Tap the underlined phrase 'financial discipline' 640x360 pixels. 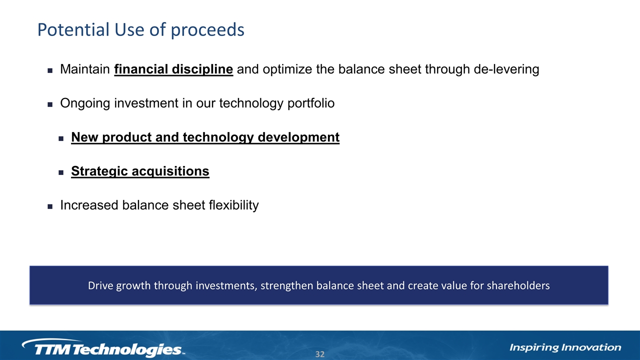tap(173, 69)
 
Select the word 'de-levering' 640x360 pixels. tap(506, 69)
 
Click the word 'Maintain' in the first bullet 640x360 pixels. tap(85, 69)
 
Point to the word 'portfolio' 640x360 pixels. tap(311, 103)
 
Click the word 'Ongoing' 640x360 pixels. tap(85, 103)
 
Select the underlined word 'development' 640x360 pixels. tap(298, 137)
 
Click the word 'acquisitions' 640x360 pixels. tap(170, 171)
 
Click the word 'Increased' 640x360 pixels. tap(89, 205)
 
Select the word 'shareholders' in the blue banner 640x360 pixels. tap(518, 285)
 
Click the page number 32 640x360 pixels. tap(320, 354)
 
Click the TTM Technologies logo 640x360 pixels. tap(103, 348)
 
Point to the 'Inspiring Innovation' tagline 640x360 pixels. tap(565, 347)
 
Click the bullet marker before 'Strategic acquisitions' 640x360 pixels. tap(61, 172)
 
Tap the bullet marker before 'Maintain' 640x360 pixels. tap(50, 70)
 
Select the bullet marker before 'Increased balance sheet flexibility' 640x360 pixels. tap(50, 206)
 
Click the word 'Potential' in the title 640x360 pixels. tap(73, 29)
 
